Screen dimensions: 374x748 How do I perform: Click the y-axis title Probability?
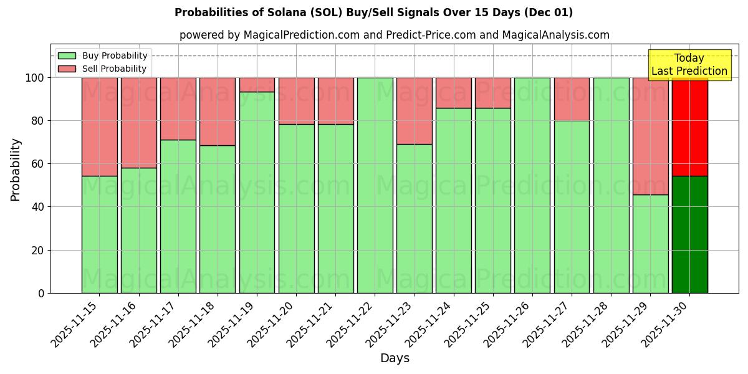16,170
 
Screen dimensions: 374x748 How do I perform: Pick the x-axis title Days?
395,358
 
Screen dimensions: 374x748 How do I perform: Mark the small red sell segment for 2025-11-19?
257,85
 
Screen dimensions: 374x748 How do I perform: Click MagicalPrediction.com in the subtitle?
301,35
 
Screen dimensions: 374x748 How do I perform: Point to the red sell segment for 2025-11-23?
415,111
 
